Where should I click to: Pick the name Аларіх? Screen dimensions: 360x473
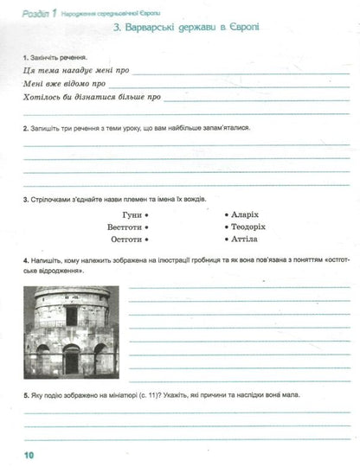point(247,212)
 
